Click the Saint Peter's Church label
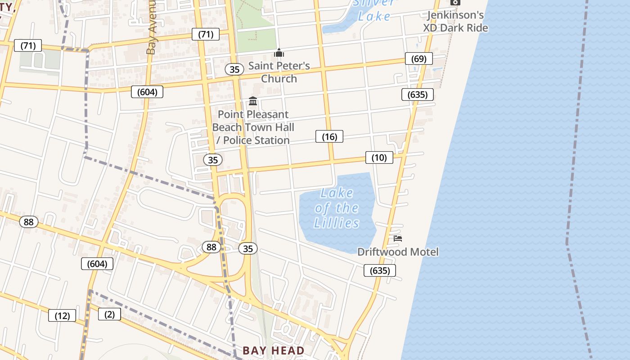point(279,72)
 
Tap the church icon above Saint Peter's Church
point(279,53)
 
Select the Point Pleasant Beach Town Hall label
point(253,127)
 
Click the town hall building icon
point(253,101)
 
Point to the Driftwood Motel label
point(398,252)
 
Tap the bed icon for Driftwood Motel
point(398,238)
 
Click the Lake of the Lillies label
point(337,208)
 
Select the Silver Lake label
point(374,10)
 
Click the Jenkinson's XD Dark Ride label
point(455,21)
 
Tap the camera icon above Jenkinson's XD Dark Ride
point(455,2)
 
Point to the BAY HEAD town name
point(274,350)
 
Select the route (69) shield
point(418,58)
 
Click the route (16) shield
point(329,136)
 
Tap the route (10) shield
point(379,157)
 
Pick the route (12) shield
point(62,315)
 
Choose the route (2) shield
point(109,314)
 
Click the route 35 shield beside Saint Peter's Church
point(234,69)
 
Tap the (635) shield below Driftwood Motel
point(380,270)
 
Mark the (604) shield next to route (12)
point(97,264)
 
